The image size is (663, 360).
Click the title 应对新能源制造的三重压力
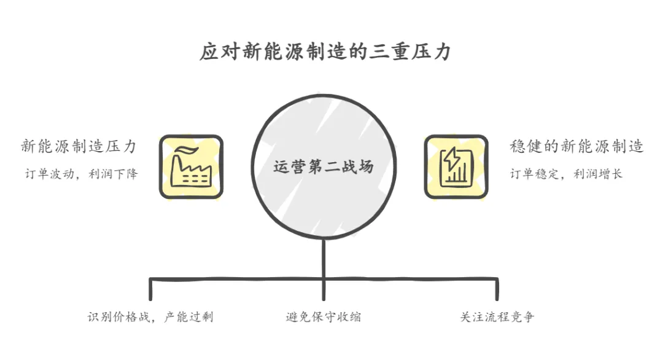point(325,52)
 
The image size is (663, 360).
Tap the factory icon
point(191,167)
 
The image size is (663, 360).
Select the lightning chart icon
point(456,167)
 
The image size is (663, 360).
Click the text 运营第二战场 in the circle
point(323,166)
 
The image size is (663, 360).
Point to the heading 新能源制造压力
point(78,147)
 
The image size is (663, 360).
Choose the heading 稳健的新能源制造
point(576,147)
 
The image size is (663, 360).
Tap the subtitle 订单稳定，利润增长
point(566,174)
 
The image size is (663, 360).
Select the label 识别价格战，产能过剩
point(151,317)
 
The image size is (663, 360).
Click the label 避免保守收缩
point(323,317)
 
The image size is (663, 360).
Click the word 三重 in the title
point(390,52)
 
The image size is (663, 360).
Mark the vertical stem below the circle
point(324,258)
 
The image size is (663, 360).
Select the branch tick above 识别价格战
point(151,289)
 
